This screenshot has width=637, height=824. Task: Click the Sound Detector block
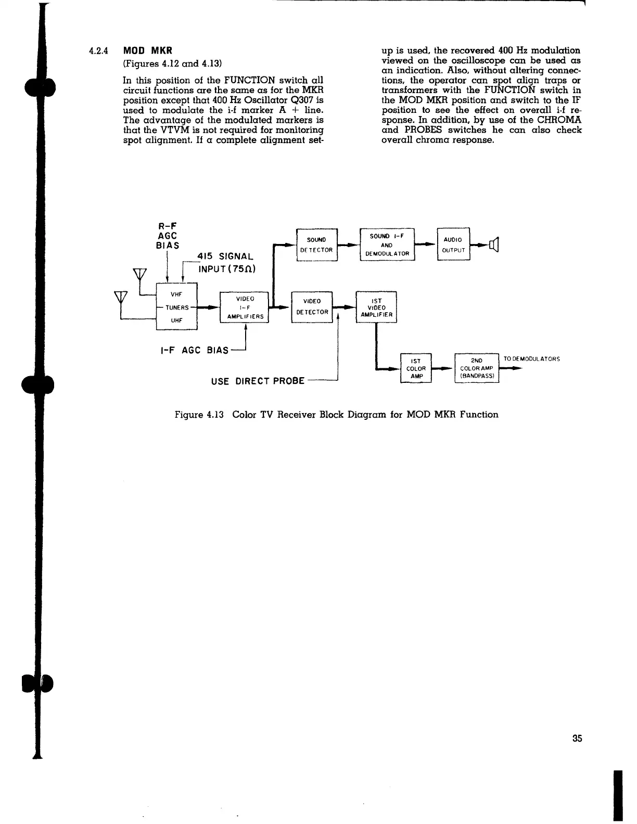point(316,244)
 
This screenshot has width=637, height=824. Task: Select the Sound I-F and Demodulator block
point(387,244)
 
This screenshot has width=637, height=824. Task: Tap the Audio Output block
point(454,244)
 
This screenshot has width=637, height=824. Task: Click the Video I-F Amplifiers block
point(245,307)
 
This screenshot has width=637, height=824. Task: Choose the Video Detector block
point(312,307)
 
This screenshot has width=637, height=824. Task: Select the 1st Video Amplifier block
point(376,307)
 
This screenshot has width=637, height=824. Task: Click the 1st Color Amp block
point(416,368)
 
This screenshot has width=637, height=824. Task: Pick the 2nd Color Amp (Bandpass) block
point(477,368)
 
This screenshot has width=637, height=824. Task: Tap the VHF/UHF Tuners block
point(177,307)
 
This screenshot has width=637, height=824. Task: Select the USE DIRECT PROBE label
point(257,380)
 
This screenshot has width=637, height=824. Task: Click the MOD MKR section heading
point(147,51)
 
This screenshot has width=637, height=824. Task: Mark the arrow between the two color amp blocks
point(443,368)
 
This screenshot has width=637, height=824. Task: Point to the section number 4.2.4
point(97,51)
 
